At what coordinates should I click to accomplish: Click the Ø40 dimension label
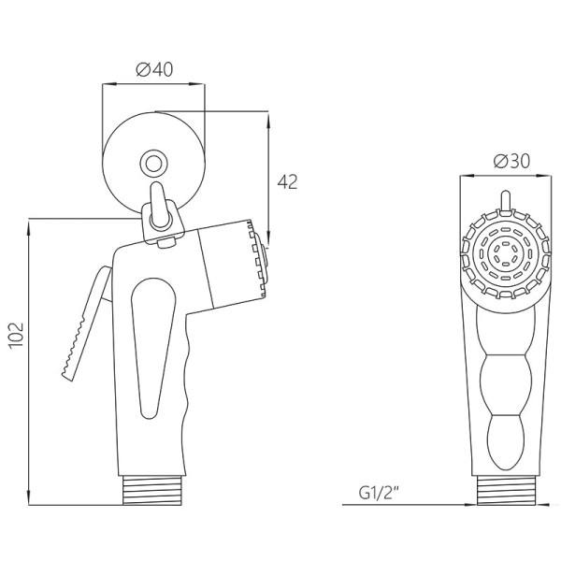click(154, 69)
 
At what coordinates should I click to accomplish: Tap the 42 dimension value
click(288, 182)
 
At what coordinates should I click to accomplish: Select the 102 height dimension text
click(16, 335)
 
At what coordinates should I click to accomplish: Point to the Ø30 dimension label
click(511, 162)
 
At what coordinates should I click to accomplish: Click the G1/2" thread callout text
click(379, 494)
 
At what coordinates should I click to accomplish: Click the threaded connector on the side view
click(153, 491)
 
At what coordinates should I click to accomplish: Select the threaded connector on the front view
click(506, 491)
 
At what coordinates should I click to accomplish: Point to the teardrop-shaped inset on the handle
click(153, 347)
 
